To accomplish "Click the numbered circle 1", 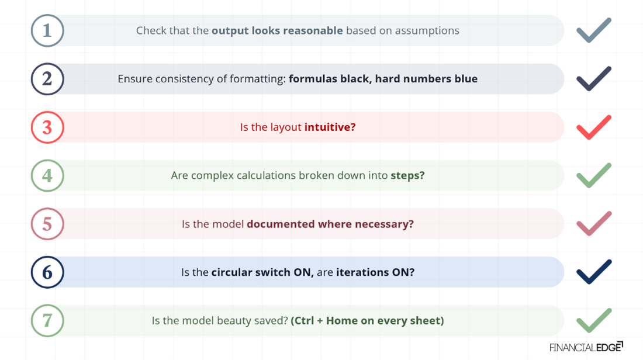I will (x=47, y=30).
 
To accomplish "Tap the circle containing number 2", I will (x=47, y=79).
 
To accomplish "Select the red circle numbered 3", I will (x=47, y=127).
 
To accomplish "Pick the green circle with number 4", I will (x=47, y=175).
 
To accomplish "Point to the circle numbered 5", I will (x=47, y=224).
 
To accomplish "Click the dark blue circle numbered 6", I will (x=47, y=272).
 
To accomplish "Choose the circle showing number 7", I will (x=47, y=320).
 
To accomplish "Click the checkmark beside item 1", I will (x=593, y=30).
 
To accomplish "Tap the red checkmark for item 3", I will (x=593, y=127).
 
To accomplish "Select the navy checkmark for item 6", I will (x=593, y=272).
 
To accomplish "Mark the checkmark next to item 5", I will (x=593, y=224).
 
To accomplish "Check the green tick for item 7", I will (x=593, y=320).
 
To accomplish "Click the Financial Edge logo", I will (x=586, y=347).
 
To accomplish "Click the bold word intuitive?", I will (x=330, y=127).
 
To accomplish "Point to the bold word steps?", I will (x=407, y=175).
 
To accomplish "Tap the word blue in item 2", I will (x=465, y=79).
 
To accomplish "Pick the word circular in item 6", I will (x=232, y=272).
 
